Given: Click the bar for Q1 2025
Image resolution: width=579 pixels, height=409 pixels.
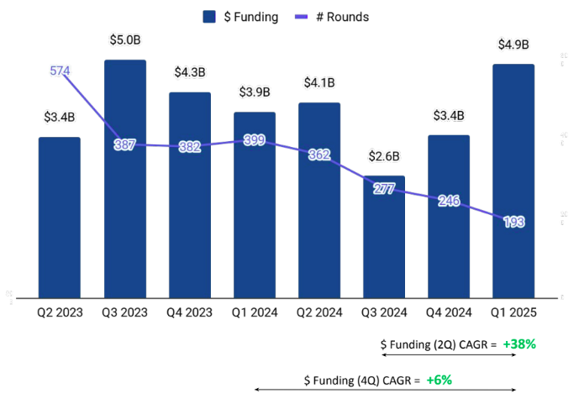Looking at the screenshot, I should point(513,218).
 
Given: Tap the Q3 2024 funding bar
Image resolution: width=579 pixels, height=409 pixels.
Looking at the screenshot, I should point(383,252).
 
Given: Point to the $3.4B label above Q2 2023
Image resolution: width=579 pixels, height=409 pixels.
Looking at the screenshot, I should point(60,117).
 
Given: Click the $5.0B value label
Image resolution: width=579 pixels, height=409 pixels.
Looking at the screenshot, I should point(125,39).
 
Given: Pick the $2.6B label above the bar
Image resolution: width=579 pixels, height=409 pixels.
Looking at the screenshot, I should point(383,155).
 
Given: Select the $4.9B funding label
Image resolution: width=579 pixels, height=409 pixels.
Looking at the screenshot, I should point(513,44).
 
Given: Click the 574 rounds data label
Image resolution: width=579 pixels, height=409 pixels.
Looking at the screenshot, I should point(60,71).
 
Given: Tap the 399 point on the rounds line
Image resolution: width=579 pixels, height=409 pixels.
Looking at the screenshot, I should point(255,140).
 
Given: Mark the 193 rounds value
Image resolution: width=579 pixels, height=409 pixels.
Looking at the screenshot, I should point(513,222).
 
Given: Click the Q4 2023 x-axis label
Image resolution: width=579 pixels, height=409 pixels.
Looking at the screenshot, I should point(189,312).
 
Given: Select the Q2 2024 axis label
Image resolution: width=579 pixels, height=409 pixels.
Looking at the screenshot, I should point(318,312).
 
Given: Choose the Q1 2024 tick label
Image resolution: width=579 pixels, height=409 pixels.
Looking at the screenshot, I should point(254,312).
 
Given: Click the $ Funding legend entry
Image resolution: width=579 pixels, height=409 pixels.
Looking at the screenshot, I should point(240,17).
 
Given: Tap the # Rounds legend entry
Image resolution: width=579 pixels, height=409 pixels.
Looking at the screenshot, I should point(329,17).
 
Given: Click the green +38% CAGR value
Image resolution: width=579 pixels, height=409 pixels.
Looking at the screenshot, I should point(519,343).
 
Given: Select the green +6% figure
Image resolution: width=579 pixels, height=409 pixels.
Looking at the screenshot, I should point(439,380).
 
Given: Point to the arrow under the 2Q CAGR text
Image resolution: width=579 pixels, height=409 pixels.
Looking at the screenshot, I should point(448,355).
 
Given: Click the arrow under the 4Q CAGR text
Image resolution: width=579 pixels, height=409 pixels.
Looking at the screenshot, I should point(384,391).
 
